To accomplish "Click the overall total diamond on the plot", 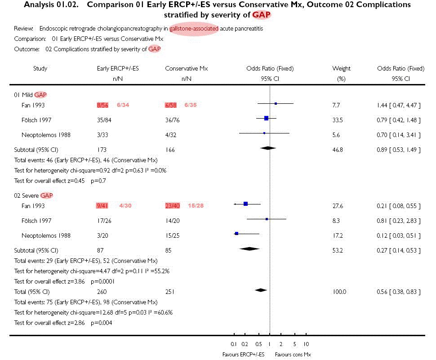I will [261, 290].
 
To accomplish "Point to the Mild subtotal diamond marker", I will [268, 147].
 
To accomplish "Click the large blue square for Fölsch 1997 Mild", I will [266, 118].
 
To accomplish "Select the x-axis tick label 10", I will [306, 344].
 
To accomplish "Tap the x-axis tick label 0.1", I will [234, 344].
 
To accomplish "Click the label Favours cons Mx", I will [293, 355].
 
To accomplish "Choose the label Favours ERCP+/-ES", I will [243, 355].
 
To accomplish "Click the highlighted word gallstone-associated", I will [194, 29].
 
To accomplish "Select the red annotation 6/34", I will [124, 105].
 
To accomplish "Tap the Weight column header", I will [341, 69].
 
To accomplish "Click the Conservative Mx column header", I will [186, 69].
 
